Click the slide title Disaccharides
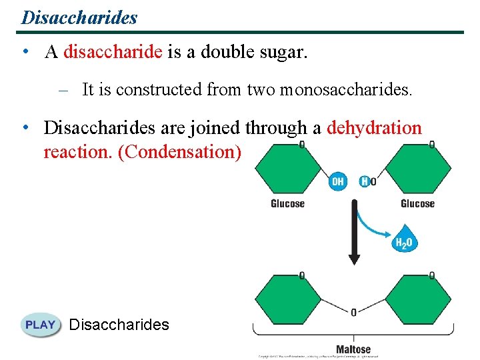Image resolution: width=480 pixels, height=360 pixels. coord(79,17)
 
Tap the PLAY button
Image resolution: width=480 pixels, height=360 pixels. coord(41,325)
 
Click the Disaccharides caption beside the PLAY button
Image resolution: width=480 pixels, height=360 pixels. coord(119,325)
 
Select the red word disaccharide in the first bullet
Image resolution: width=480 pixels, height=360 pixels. coord(113,53)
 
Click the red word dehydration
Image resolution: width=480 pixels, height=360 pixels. coord(374,128)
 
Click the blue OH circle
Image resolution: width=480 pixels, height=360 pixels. coord(338,181)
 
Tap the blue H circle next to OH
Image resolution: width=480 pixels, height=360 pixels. coord(364,181)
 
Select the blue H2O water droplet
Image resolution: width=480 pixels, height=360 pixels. coord(404,243)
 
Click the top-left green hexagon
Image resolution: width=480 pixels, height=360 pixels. coord(288,169)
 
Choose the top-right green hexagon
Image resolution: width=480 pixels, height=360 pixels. coord(418,169)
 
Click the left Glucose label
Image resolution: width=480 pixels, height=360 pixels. coord(287,204)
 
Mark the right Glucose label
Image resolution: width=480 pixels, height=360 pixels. coord(417,204)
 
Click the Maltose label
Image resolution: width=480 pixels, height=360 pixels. coord(353,349)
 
